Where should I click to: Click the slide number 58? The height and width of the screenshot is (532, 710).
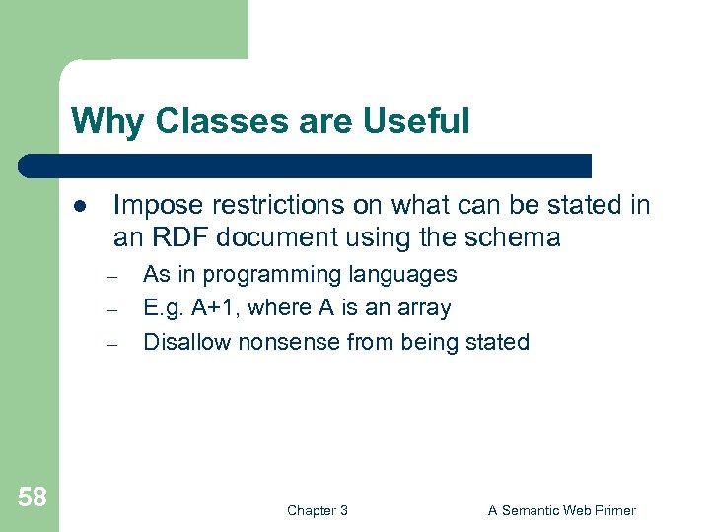click(32, 498)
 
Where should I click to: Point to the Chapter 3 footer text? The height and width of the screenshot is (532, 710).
click(317, 510)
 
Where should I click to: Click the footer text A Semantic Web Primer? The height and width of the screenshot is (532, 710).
click(561, 510)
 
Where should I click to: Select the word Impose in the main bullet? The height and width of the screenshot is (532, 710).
click(155, 205)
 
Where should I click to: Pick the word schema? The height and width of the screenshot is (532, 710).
click(523, 237)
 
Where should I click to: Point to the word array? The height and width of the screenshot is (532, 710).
click(424, 309)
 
